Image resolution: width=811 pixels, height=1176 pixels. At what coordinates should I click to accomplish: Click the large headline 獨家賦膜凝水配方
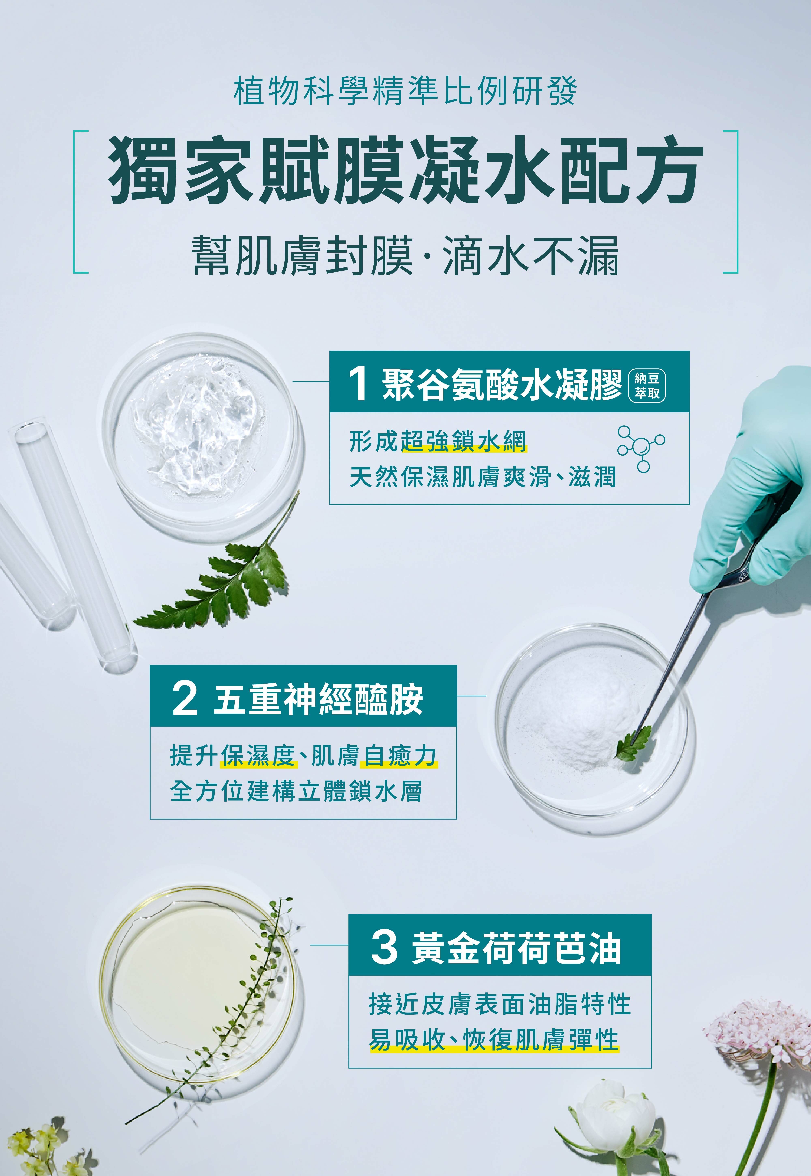click(405, 170)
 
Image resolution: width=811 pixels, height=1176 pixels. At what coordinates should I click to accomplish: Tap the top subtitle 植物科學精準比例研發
click(405, 91)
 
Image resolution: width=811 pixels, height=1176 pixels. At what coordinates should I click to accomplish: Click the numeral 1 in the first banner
click(358, 384)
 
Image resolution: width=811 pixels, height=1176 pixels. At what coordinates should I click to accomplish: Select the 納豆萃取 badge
click(647, 386)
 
